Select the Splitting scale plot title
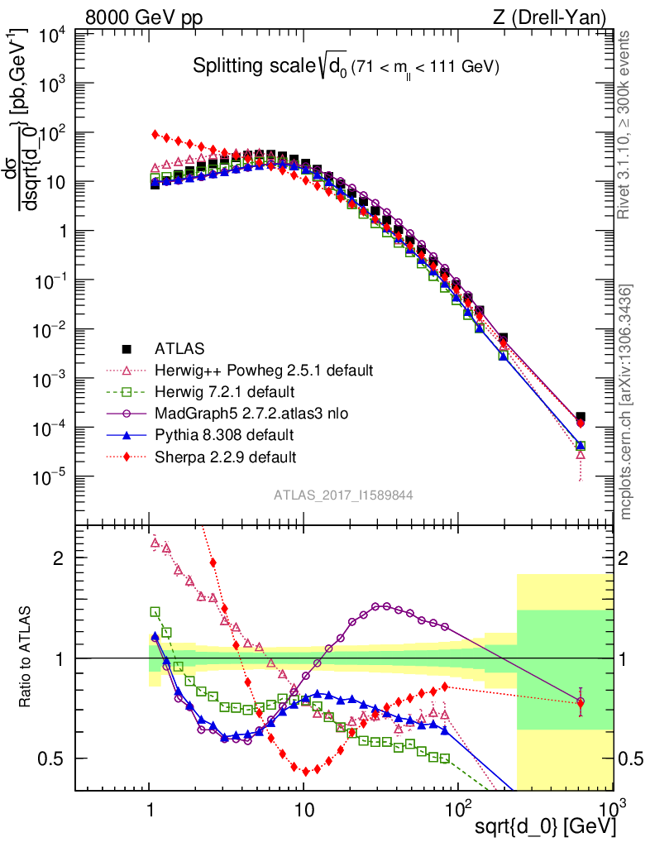[x=346, y=68]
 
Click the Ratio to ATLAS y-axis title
[x=26, y=658]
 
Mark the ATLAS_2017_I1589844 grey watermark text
[x=343, y=495]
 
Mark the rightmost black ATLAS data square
[x=581, y=417]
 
